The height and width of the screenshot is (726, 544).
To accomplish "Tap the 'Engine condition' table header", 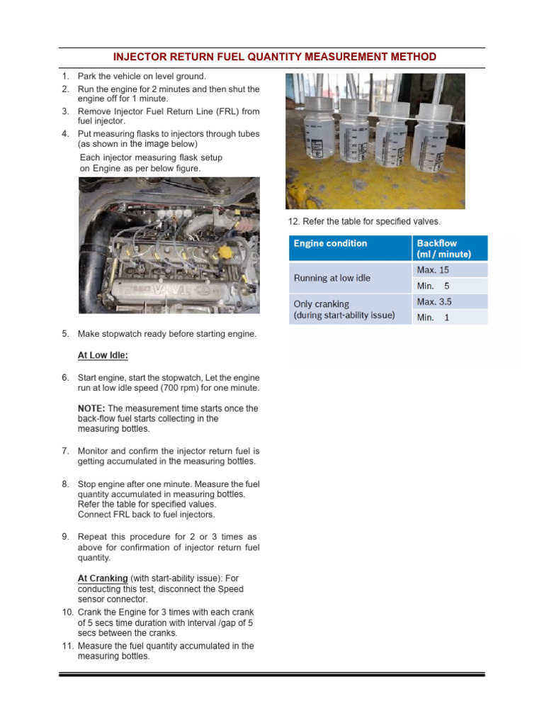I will [x=330, y=243].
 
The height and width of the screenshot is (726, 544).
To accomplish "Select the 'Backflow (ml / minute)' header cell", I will [x=443, y=249].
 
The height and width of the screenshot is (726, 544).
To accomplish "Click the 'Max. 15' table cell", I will [x=433, y=270].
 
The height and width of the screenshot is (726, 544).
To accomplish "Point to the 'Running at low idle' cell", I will [x=332, y=278].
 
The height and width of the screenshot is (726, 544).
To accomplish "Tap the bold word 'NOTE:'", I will [x=91, y=408].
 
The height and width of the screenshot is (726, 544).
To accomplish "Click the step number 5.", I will [x=64, y=334].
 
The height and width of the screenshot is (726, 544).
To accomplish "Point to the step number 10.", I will [x=67, y=612].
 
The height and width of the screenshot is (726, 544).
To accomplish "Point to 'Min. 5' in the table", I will [x=433, y=286].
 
